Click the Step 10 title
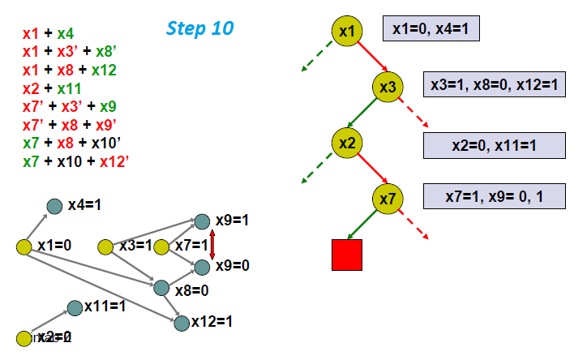tap(199, 28)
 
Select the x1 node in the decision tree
tap(347, 32)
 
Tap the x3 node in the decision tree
tap(388, 87)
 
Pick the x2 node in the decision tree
tap(347, 143)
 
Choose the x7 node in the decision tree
tap(388, 197)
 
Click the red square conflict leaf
tap(347, 253)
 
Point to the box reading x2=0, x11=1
tap(494, 146)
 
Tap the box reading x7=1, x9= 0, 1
tap(494, 196)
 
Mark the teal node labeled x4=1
tap(54, 206)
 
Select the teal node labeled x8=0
tap(161, 287)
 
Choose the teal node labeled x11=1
tap(75, 306)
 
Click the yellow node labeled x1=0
tap(24, 246)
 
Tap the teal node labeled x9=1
tap(203, 221)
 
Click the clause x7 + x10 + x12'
tap(77, 161)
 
